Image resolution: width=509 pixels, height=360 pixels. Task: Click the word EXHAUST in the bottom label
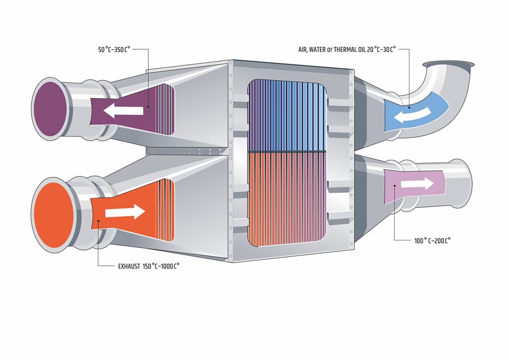[x=129, y=266]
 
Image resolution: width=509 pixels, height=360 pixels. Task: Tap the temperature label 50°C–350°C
[x=114, y=50]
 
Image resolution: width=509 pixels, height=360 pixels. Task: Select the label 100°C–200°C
[x=433, y=240]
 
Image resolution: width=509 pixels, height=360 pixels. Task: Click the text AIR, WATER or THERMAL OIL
[x=332, y=50]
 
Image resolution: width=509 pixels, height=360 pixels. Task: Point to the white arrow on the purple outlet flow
[x=123, y=110]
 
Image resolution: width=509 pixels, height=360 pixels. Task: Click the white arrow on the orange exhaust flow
[x=125, y=212]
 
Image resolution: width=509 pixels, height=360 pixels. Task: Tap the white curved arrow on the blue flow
[x=412, y=116]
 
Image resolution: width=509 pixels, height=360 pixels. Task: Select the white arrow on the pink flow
[x=417, y=184]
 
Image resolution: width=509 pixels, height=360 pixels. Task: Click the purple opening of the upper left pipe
[x=50, y=109]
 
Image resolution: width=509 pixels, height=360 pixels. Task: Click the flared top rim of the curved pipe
[x=448, y=64]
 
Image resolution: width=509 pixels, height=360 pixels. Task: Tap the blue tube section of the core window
[x=287, y=116]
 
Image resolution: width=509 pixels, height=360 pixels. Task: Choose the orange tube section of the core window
[x=287, y=199]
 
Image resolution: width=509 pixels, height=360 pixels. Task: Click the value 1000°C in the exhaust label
[x=169, y=266]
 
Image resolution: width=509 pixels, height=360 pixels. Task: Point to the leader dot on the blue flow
[x=409, y=107]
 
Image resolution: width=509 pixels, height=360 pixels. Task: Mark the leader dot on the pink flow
[x=394, y=186]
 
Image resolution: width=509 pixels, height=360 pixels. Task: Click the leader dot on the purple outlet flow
[x=148, y=107]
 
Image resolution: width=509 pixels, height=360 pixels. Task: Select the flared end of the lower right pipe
[x=462, y=184]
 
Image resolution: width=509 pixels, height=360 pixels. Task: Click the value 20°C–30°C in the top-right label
[x=382, y=50]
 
